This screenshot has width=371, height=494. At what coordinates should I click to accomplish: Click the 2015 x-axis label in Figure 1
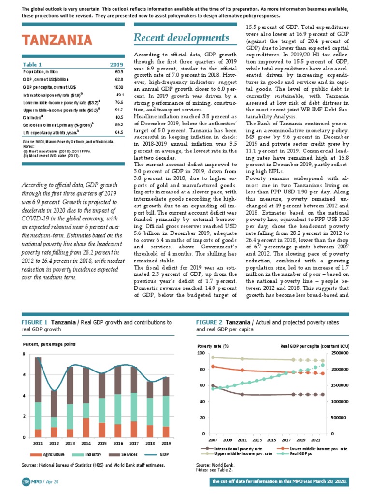click(102, 444)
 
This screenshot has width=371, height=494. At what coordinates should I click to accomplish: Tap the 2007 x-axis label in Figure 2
click(213, 440)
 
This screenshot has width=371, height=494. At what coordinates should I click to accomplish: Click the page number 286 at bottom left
click(26, 482)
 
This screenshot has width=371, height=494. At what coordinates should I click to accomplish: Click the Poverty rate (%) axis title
click(213, 346)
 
